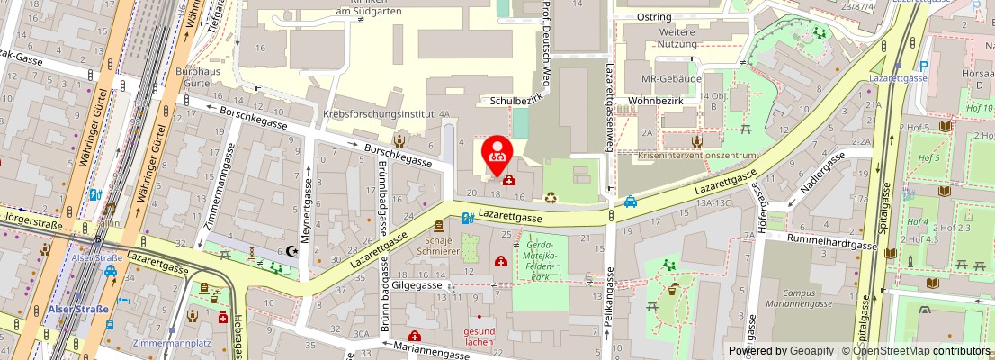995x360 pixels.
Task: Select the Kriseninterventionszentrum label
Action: (696, 155)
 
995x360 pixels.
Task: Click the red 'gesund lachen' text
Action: (480, 336)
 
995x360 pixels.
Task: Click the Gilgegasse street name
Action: (417, 284)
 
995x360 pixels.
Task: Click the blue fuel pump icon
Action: (467, 217)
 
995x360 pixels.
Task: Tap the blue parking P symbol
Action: (924, 66)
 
